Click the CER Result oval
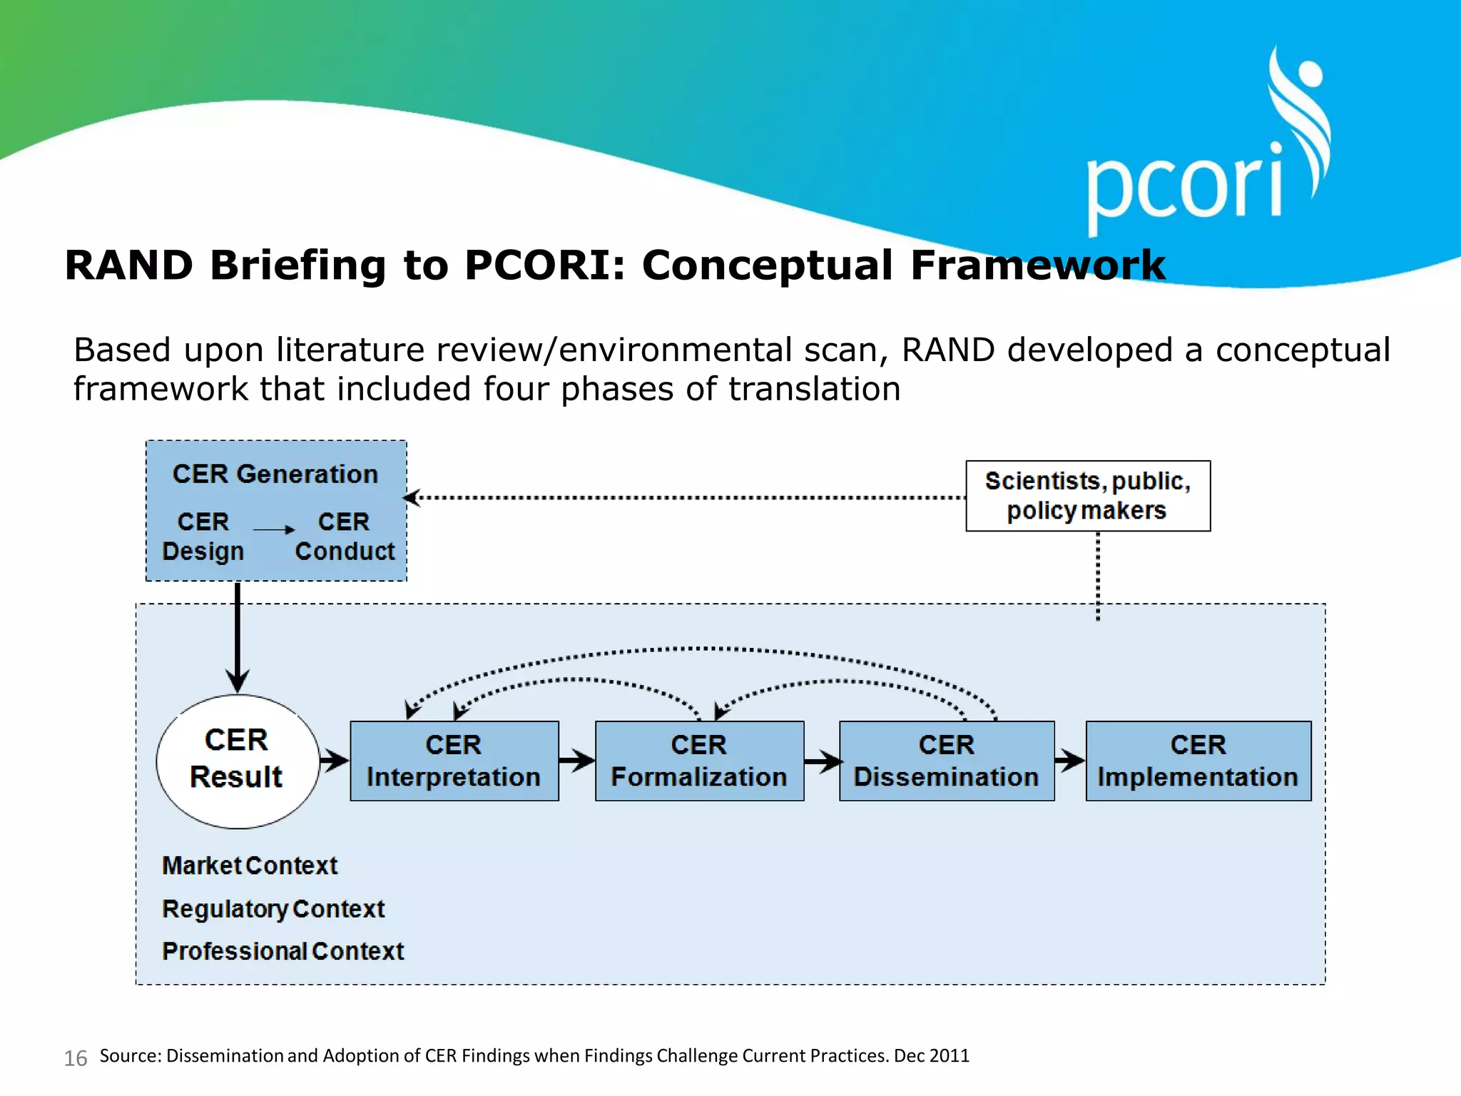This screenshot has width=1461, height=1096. [238, 761]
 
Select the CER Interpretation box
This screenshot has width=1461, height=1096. [454, 761]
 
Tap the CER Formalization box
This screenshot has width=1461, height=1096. [699, 761]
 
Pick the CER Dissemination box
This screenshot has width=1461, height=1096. [946, 761]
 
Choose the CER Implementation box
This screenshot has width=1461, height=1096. [1198, 761]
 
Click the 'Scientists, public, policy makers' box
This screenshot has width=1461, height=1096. [1087, 496]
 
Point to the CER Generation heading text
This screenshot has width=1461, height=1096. [275, 475]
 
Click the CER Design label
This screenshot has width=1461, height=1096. [203, 537]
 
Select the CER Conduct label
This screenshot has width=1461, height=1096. [345, 537]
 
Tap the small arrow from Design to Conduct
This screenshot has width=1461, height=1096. [274, 529]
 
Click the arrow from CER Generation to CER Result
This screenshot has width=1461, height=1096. [238, 635]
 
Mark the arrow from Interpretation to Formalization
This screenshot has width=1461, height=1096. [576, 761]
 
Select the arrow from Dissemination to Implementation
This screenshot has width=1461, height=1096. [1069, 761]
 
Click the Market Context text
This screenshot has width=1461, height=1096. [250, 866]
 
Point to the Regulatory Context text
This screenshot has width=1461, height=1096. [273, 909]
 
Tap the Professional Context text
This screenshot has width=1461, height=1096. [282, 951]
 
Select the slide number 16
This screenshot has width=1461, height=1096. [76, 1058]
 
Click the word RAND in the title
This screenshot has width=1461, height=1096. [128, 265]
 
